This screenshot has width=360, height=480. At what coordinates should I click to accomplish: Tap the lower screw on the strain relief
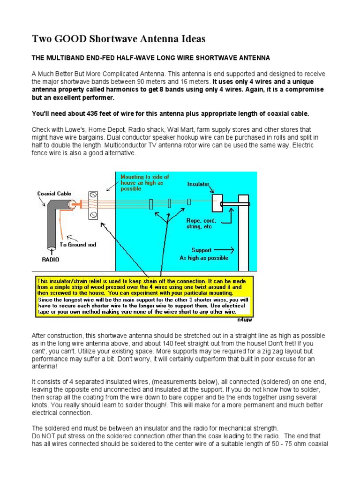tap(93, 215)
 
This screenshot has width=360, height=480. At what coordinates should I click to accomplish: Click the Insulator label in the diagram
tap(199, 184)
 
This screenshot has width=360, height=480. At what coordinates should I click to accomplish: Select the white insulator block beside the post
tap(217, 203)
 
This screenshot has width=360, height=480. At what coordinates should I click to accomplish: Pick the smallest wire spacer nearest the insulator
tap(188, 202)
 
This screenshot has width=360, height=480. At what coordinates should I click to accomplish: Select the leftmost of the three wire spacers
tap(151, 204)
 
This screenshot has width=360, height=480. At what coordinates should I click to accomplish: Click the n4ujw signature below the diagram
tap(245, 322)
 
